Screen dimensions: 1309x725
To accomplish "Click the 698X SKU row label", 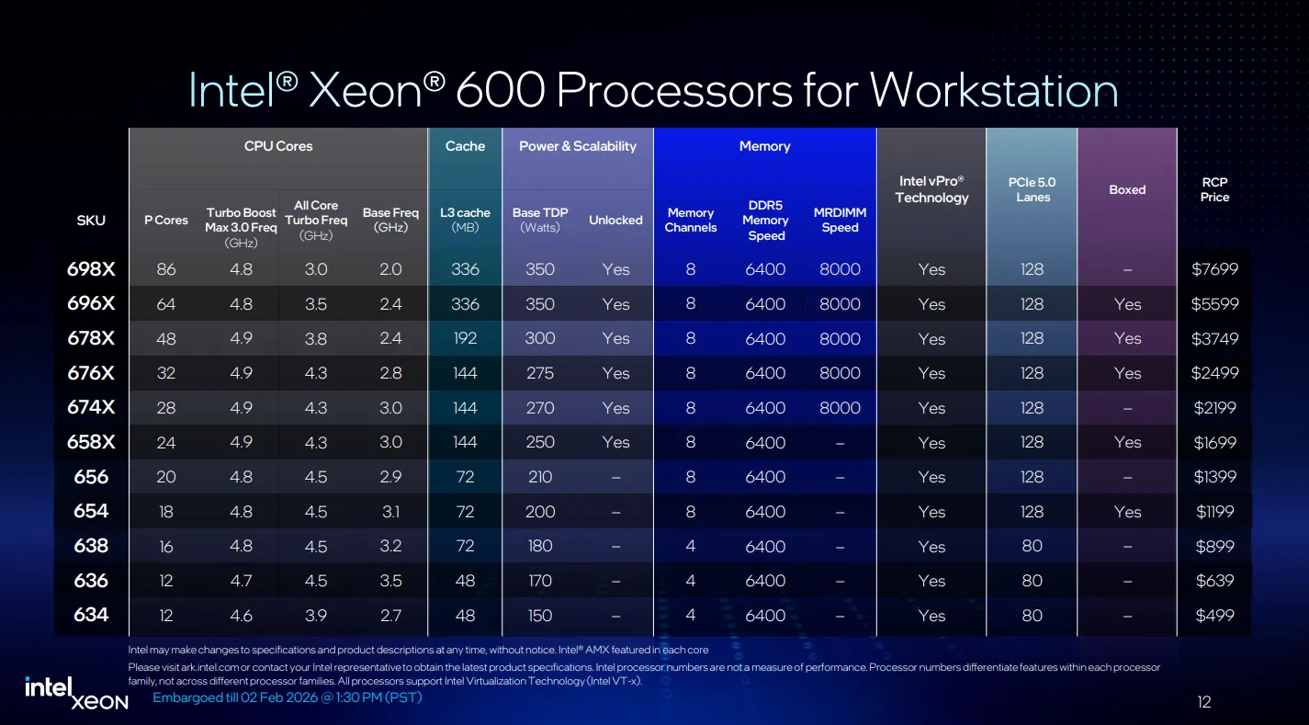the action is click(x=91, y=269).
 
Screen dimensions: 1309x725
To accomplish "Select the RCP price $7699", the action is click(x=1214, y=269).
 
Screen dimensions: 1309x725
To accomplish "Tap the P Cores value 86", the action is click(x=166, y=269).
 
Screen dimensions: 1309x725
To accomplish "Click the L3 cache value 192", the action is click(x=465, y=338).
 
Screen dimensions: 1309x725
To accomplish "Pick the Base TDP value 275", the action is click(x=539, y=373).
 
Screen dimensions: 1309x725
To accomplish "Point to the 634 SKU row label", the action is click(x=91, y=615).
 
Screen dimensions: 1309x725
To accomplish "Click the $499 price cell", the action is click(x=1214, y=615).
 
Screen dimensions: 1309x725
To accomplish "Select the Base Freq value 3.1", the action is click(x=390, y=512).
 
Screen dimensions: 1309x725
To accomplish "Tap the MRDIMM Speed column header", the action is click(x=840, y=220).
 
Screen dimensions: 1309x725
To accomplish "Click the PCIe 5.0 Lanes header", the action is click(x=1032, y=189).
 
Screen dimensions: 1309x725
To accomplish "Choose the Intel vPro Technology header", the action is click(x=931, y=189).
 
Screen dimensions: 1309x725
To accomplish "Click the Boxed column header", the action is click(x=1127, y=189).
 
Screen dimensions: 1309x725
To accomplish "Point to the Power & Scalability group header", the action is click(x=578, y=146).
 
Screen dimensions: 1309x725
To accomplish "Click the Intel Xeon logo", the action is click(x=76, y=694).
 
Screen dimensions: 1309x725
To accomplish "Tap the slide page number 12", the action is click(x=1203, y=702).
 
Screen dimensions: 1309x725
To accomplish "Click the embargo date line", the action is click(x=287, y=697).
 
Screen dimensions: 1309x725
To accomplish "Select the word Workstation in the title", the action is click(x=993, y=91).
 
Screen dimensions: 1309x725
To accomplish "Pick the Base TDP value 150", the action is click(x=539, y=615).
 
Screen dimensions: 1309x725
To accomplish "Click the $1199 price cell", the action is click(x=1214, y=512).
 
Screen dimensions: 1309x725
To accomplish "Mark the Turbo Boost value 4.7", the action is click(x=241, y=581).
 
